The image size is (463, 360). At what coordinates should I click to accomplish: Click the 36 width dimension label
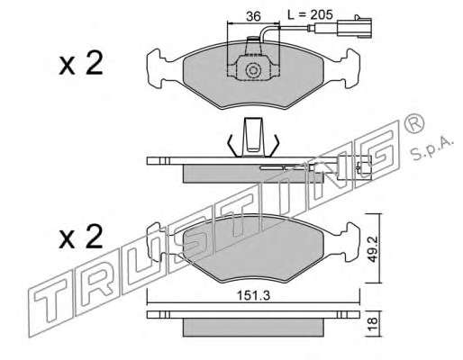click(253, 16)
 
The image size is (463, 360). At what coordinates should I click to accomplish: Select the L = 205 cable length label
click(310, 14)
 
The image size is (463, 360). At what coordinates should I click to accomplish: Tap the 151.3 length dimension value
click(254, 296)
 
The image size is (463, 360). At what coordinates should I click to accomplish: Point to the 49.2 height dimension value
click(373, 248)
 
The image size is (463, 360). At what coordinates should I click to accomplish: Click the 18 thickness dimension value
click(373, 324)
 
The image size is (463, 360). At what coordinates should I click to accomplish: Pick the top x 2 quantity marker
click(81, 63)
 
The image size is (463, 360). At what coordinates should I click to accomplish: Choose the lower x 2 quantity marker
click(81, 237)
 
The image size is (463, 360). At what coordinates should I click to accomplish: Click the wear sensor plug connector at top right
click(354, 28)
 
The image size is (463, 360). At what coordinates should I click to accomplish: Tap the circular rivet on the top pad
click(253, 71)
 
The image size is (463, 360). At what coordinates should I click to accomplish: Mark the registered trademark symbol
click(414, 124)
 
